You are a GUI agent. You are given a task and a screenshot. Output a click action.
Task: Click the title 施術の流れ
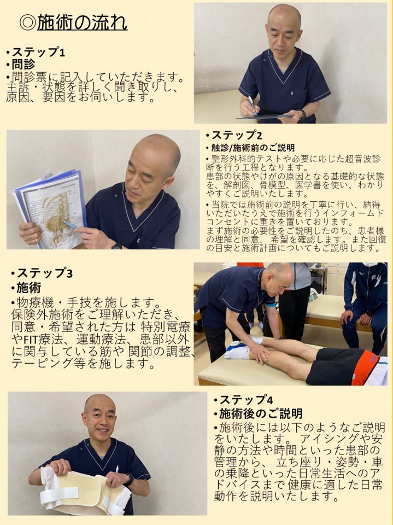click(82, 23)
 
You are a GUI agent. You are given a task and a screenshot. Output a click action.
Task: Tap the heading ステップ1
click(38, 52)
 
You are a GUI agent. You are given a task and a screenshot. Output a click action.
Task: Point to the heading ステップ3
click(44, 273)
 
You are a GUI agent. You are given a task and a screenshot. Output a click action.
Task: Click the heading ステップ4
click(246, 400)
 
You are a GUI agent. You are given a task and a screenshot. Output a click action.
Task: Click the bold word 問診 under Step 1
click(24, 64)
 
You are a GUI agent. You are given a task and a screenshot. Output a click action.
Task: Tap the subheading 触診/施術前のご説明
click(253, 148)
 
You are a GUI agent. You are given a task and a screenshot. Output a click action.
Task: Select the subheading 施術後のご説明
click(260, 414)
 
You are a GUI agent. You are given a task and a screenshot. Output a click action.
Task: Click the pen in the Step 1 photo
click(252, 105)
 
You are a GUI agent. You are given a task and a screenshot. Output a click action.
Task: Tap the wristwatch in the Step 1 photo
click(303, 115)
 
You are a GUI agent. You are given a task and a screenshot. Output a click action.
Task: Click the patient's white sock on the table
click(239, 351)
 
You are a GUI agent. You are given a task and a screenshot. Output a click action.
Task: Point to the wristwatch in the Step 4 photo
click(129, 480)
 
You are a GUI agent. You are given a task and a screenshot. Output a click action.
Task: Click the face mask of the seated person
click(369, 265)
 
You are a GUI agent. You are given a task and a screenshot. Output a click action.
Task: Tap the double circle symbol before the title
click(27, 23)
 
